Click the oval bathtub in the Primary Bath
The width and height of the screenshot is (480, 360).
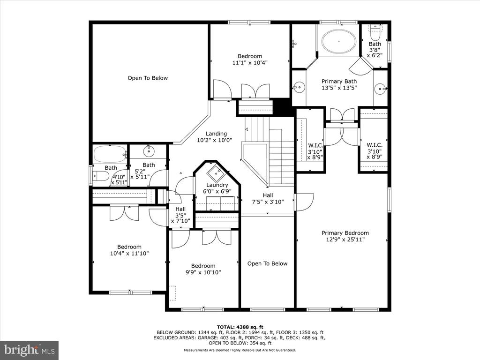pyautogui.click(x=339, y=41)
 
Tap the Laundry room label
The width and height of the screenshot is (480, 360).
pyautogui.click(x=217, y=185)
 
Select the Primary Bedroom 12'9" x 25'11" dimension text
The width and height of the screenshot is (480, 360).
pyautogui.click(x=345, y=240)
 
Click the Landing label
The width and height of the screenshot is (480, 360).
pyautogui.click(x=216, y=134)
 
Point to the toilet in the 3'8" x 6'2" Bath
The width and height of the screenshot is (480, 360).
pyautogui.click(x=375, y=29)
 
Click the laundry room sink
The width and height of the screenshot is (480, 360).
pyautogui.click(x=216, y=173)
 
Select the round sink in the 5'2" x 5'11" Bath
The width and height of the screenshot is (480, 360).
pyautogui.click(x=149, y=150)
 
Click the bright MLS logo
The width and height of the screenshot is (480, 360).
pyautogui.click(x=30, y=349)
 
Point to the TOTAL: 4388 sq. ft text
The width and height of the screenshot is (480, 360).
pyautogui.click(x=240, y=327)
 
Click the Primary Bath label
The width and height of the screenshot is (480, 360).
pyautogui.click(x=339, y=82)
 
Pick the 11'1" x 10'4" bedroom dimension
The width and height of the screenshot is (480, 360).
pyautogui.click(x=250, y=63)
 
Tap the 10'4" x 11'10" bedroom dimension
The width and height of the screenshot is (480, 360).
pyautogui.click(x=129, y=254)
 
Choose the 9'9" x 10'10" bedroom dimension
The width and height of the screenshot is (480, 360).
pyautogui.click(x=203, y=272)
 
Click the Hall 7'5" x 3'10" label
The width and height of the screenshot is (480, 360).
pyautogui.click(x=268, y=199)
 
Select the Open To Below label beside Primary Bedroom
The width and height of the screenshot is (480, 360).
pyautogui.click(x=267, y=263)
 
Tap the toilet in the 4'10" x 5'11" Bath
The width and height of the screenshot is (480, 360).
pyautogui.click(x=101, y=176)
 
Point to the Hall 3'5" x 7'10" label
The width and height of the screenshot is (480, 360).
pyautogui.click(x=180, y=215)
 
